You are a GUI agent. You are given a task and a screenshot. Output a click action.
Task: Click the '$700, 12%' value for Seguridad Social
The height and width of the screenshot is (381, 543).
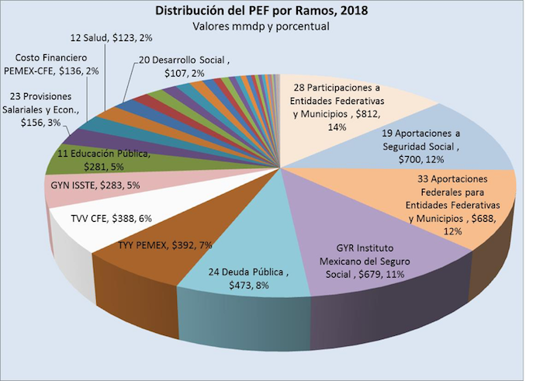click(435, 159)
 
